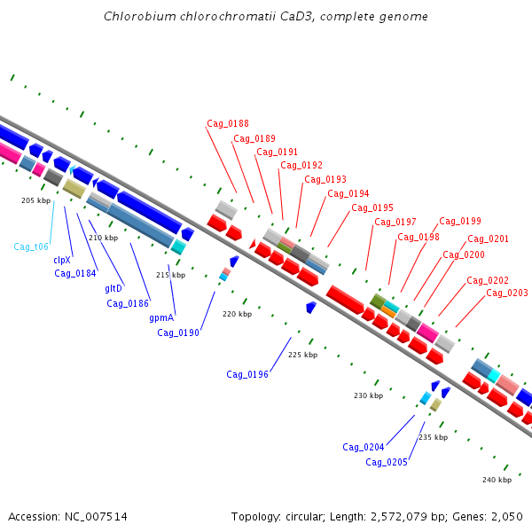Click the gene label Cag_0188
[228, 124]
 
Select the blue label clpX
[62, 260]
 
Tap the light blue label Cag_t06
[31, 247]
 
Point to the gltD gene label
[113, 288]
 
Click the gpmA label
[161, 318]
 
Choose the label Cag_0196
[247, 374]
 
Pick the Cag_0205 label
[387, 463]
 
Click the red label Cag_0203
[507, 293]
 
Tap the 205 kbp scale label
[36, 200]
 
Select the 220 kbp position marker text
[237, 314]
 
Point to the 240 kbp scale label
[497, 480]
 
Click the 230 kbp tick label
[369, 395]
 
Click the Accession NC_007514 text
[67, 517]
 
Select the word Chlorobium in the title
[140, 16]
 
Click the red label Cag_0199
[460, 222]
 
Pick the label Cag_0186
[128, 303]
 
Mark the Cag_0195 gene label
[372, 208]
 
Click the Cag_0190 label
[178, 332]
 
